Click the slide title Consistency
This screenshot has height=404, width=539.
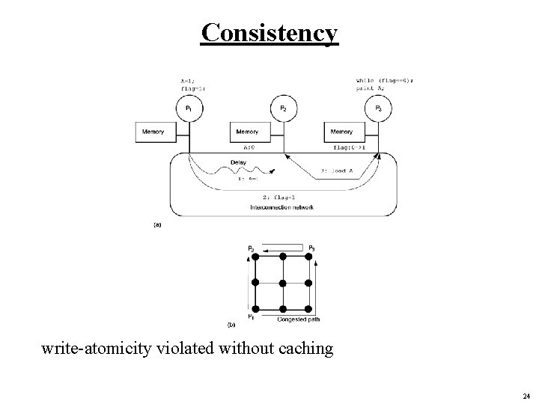coord(269,33)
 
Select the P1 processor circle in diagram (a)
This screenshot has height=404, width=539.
coord(188,108)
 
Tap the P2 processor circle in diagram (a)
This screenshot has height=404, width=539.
coord(283,108)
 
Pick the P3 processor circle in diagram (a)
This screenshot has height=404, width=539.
coord(377,108)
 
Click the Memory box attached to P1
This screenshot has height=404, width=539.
coord(153,132)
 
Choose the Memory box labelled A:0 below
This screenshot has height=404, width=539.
coord(247,132)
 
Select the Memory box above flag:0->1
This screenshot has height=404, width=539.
coord(341,132)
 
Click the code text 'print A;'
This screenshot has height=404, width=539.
coord(370,87)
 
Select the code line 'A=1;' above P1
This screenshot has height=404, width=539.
coord(187,80)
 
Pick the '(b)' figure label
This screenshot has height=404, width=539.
coord(231,325)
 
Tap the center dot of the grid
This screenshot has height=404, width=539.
coord(282,283)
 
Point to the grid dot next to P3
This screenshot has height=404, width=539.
coord(308,257)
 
